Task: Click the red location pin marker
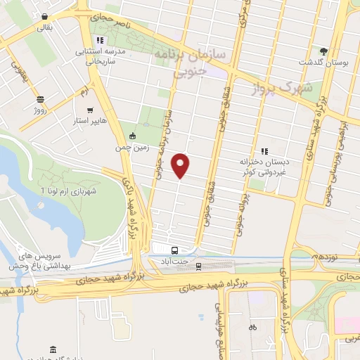181,167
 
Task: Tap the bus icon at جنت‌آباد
174,250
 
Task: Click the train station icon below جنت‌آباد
198,266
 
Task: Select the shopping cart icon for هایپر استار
90,110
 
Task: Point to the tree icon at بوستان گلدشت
323,51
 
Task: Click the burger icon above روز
40,99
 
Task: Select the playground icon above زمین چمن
132,135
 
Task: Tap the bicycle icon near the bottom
252,327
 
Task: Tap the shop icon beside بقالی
45,16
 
